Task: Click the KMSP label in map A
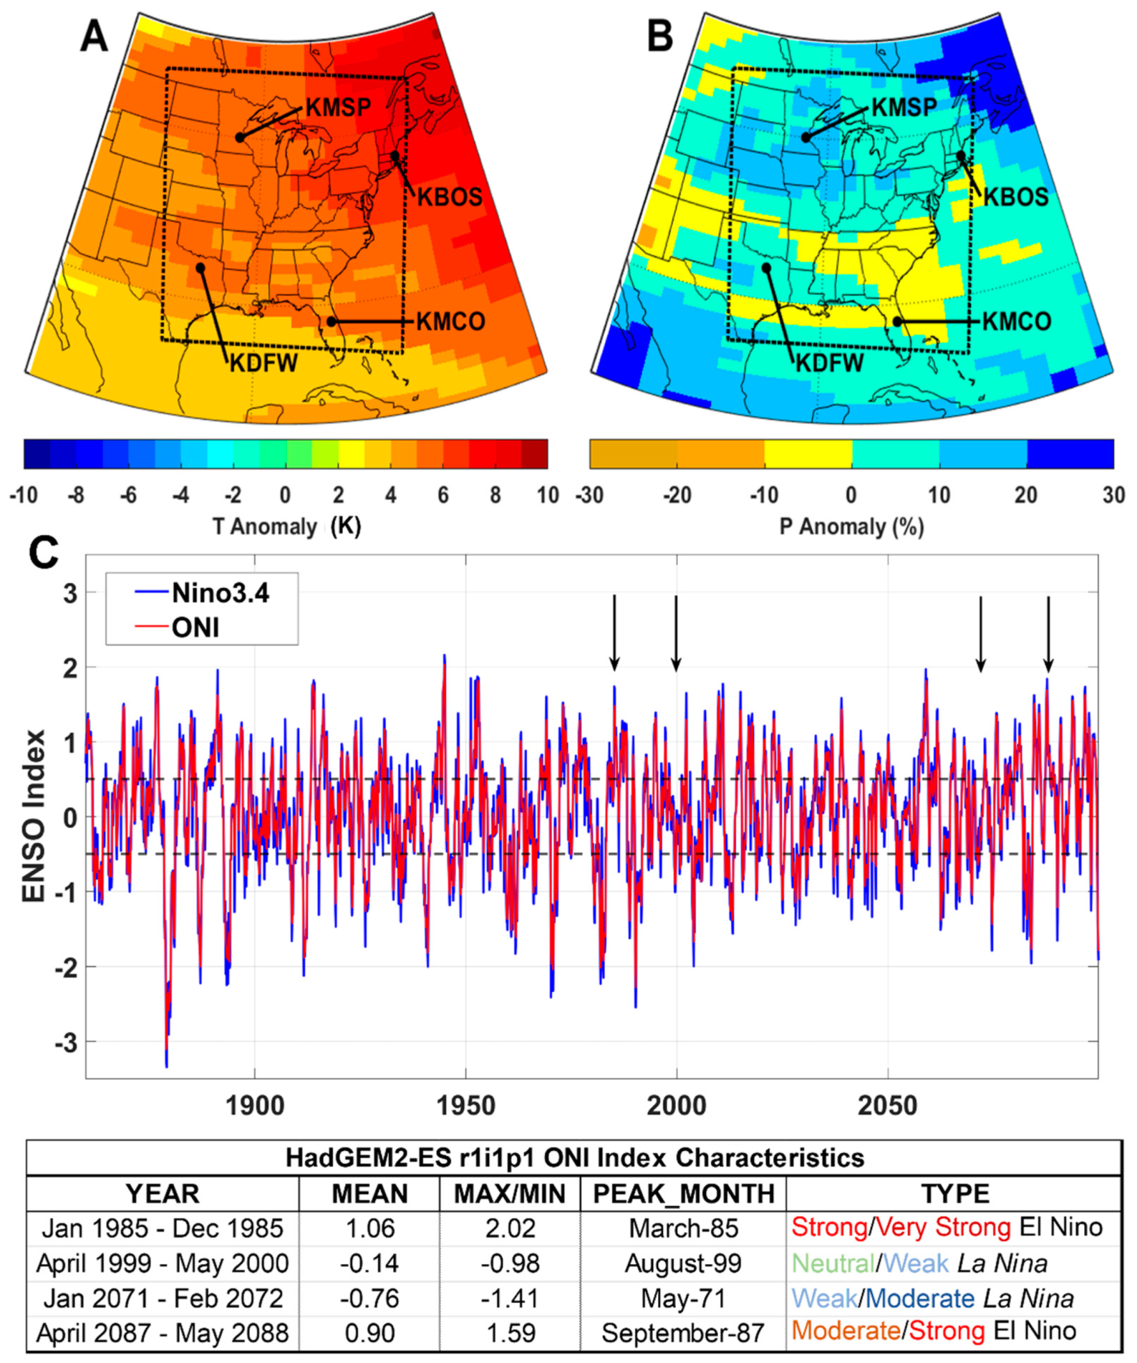[338, 107]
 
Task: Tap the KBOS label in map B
[1016, 197]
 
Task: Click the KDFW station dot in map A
[201, 268]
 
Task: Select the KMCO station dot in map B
[897, 321]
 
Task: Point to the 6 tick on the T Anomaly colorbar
[443, 495]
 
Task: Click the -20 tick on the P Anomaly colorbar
[677, 495]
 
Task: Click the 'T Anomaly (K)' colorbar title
[286, 526]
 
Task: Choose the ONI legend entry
[196, 628]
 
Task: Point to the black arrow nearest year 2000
[676, 633]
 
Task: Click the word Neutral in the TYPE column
[833, 1263]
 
